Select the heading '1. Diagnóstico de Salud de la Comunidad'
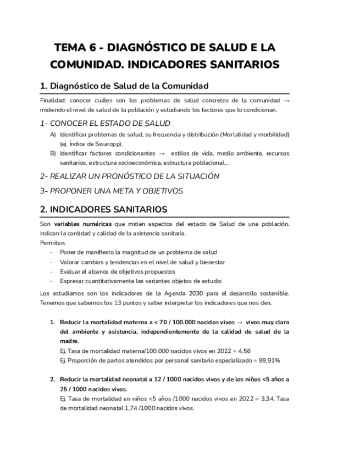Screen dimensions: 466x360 coord(125,86)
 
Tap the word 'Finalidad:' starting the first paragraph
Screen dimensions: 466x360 coord(53,101)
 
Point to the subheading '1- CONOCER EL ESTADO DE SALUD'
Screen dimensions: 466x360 coord(105,123)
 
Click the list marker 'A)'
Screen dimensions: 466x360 coord(53,135)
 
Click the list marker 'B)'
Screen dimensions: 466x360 coord(53,153)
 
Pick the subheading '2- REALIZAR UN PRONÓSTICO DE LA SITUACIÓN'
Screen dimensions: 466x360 coord(130,176)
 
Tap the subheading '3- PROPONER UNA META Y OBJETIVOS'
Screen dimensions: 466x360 coord(112,191)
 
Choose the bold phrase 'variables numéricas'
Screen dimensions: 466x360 coord(82,224)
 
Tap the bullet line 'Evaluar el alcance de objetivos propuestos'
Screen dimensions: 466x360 coord(118,271)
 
